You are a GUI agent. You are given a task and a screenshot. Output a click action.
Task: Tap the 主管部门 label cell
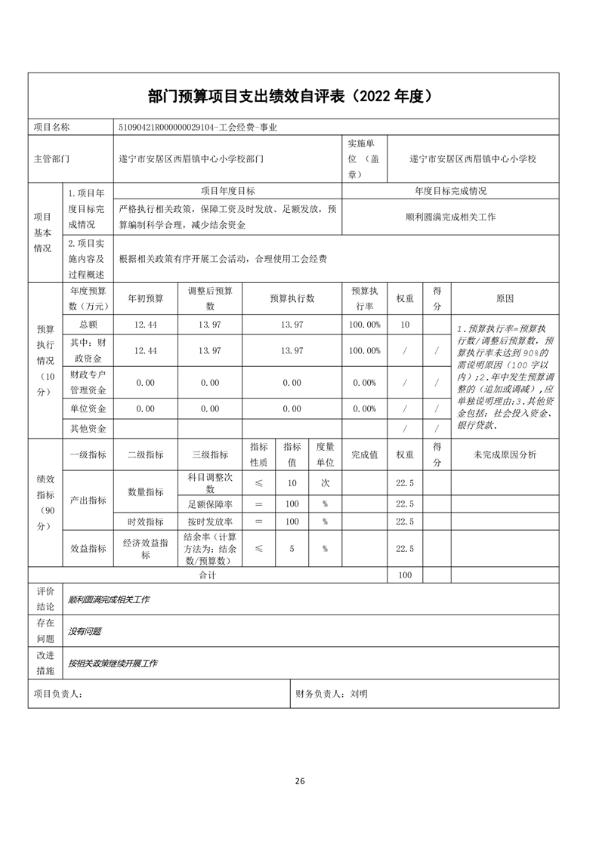(x=51, y=159)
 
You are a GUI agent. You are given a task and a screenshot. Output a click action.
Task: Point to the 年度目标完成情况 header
(x=450, y=191)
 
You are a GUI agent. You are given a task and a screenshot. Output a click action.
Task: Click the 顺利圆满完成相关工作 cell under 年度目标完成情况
(x=450, y=217)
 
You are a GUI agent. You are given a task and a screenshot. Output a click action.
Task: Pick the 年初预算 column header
(x=145, y=298)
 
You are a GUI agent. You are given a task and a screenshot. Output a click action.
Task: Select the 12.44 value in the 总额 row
(x=145, y=324)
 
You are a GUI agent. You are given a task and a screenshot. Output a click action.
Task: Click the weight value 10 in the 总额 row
(x=405, y=324)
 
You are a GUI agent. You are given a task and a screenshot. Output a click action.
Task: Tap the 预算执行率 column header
(x=364, y=298)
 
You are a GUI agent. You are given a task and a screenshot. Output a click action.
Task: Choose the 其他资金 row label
(x=88, y=428)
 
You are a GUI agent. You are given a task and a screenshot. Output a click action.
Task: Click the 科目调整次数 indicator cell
(x=210, y=484)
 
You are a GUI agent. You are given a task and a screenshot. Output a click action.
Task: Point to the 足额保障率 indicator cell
(x=210, y=504)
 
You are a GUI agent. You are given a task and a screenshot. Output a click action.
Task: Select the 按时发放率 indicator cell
(x=210, y=522)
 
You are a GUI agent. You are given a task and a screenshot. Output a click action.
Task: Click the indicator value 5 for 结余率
(x=292, y=549)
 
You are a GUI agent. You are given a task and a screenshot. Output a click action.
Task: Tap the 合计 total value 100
(x=405, y=575)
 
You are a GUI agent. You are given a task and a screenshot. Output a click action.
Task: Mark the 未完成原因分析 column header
(x=505, y=454)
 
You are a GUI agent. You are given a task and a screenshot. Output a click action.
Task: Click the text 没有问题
(x=85, y=631)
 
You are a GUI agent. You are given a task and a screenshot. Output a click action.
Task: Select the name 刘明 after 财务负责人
(x=359, y=693)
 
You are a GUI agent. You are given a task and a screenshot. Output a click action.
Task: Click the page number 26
(x=300, y=781)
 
